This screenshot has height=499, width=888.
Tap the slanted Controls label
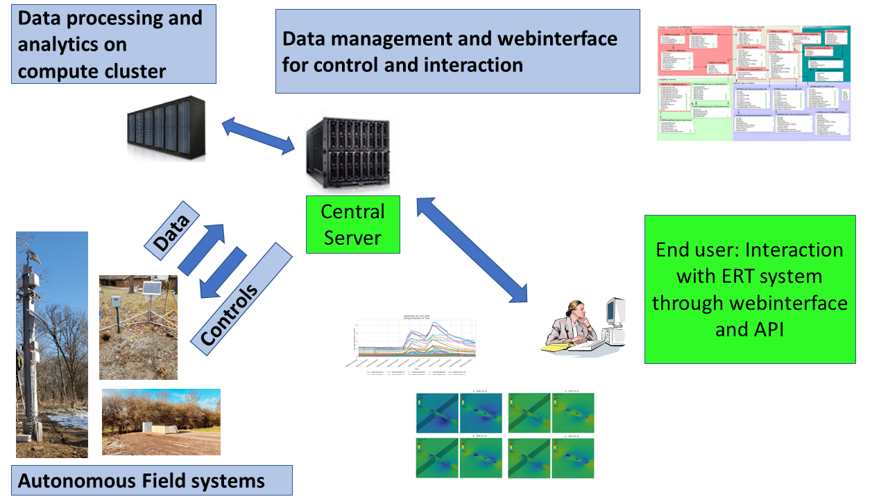pos(228,313)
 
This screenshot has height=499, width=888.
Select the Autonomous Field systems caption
pos(142,480)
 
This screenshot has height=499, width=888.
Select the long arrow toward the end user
pos(471,250)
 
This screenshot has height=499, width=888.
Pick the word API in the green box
pos(749,329)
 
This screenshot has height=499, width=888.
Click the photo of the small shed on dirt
pos(161,421)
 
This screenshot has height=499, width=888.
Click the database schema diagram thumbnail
pos(753,83)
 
